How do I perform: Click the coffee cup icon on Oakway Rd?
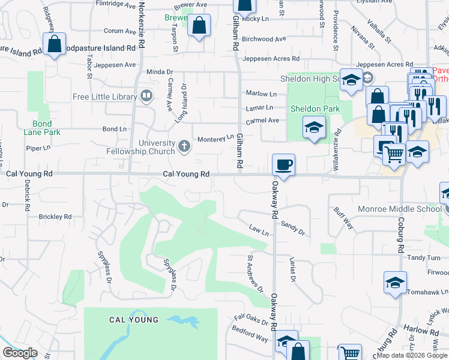pos(283,164)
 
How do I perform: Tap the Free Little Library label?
pos(104,97)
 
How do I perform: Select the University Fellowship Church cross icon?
pos(184,144)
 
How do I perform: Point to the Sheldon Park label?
pos(315,109)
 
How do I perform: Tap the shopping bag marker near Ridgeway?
pos(55,44)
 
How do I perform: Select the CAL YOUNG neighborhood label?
pos(134,320)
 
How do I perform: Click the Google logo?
pos(20,353)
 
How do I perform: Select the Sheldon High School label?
pos(310,79)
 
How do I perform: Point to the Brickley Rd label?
pos(55,217)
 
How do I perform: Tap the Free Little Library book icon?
pos(146,96)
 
